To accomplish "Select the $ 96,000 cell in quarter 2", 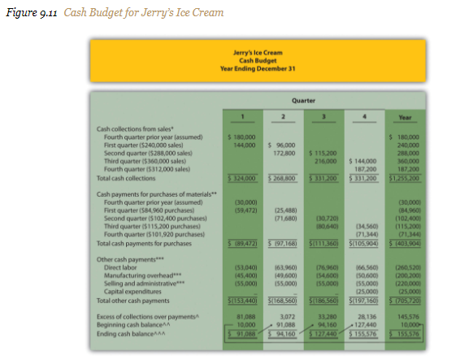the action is coord(281,144).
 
